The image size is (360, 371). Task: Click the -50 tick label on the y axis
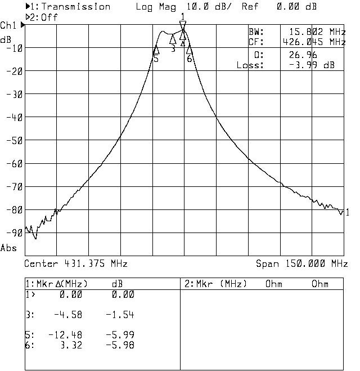pyautogui.click(x=13, y=141)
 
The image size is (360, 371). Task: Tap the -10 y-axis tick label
pyautogui.click(x=13, y=48)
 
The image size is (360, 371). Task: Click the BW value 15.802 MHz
pyautogui.click(x=317, y=32)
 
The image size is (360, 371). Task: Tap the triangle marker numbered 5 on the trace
pyautogui.click(x=156, y=50)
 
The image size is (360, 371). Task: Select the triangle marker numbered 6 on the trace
pyautogui.click(x=190, y=50)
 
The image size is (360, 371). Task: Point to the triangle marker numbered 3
pyautogui.click(x=173, y=39)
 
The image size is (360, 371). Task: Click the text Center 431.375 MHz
pyautogui.click(x=76, y=263)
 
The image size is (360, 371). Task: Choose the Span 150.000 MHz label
pyautogui.click(x=301, y=263)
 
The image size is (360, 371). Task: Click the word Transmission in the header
pyautogui.click(x=76, y=7)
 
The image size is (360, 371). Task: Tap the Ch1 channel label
pyautogui.click(x=8, y=26)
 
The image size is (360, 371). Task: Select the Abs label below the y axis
pyautogui.click(x=8, y=248)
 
